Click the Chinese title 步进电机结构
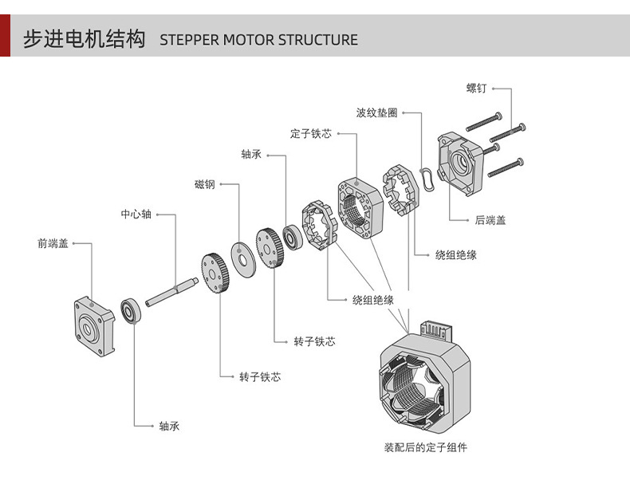tap(84, 39)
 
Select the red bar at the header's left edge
tap(5, 36)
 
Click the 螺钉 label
tap(476, 88)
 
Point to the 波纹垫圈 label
tap(376, 113)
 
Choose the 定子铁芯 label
tap(310, 134)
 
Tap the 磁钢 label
tap(205, 185)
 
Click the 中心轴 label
tap(136, 214)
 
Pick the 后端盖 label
tap(490, 220)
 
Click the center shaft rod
tap(173, 291)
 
